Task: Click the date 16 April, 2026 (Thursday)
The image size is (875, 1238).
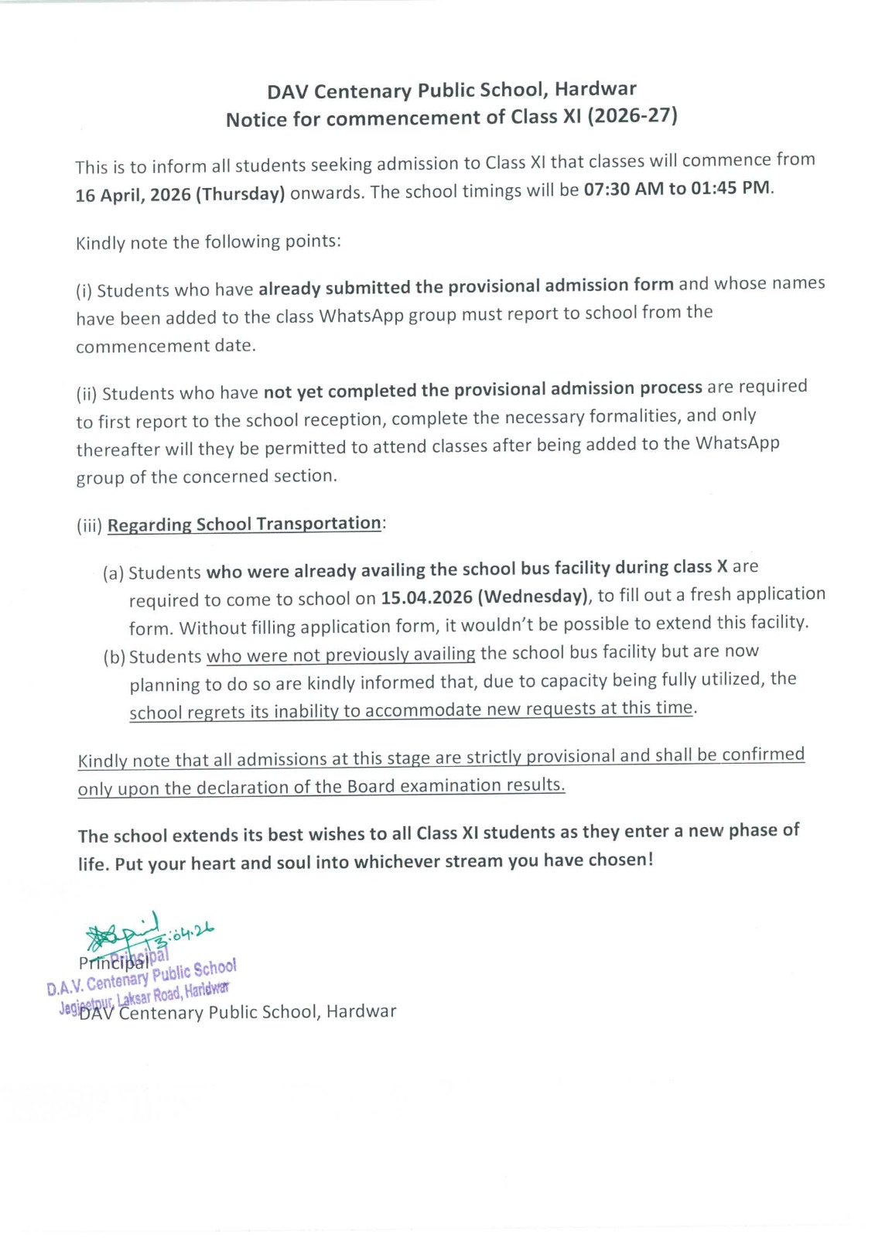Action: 179,193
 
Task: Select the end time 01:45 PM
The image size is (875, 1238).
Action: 730,188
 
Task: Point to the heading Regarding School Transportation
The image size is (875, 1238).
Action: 244,524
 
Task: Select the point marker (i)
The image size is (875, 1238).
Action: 84,291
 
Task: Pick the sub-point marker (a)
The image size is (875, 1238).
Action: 113,573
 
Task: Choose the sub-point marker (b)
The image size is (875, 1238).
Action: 114,657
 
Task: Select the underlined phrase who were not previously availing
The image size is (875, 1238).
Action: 340,655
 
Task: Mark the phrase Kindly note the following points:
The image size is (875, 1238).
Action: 208,242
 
